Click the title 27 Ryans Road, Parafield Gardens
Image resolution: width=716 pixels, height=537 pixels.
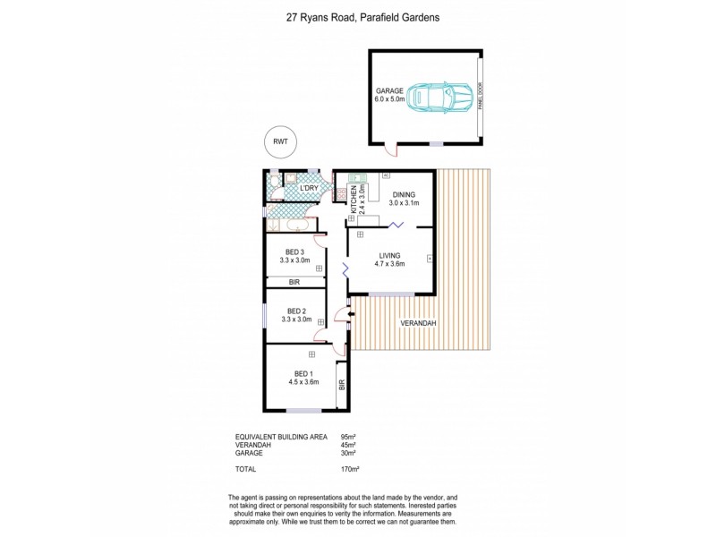358,16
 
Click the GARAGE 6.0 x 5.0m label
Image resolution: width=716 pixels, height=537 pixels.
389,95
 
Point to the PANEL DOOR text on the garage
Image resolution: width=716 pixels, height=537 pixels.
480,96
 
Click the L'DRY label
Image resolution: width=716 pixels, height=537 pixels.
308,188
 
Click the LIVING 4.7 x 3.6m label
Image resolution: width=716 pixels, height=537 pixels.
389,260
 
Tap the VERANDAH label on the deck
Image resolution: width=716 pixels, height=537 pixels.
417,322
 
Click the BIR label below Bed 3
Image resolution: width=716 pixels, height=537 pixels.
294,282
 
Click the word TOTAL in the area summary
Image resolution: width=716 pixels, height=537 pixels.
245,468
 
